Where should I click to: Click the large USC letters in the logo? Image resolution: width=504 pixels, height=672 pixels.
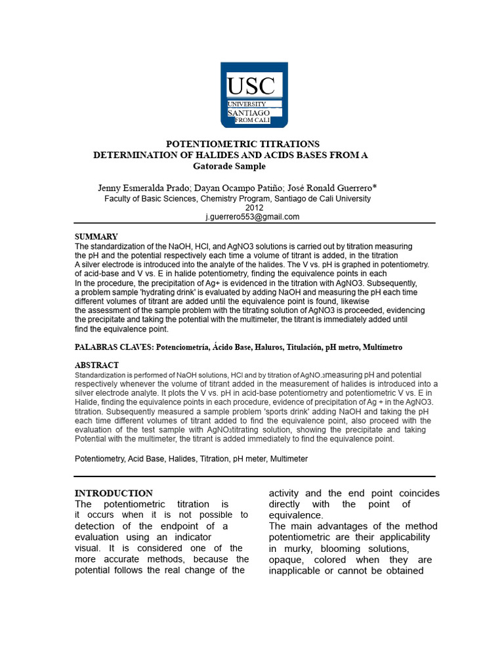(251, 86)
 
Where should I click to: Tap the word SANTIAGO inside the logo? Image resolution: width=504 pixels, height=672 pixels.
(249, 113)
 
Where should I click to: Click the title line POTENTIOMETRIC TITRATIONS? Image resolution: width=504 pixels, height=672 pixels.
(242, 144)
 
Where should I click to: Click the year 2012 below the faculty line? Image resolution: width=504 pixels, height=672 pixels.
(253, 207)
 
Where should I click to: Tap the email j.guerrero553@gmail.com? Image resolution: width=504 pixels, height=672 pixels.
(252, 217)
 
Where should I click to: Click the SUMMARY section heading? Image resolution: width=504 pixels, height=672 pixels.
(96, 236)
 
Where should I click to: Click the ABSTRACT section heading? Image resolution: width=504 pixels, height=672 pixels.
(97, 365)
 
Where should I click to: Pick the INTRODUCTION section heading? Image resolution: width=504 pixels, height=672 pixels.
(114, 493)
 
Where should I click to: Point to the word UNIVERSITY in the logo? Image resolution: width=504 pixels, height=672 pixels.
(247, 104)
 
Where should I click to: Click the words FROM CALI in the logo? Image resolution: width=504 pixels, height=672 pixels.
(257, 120)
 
